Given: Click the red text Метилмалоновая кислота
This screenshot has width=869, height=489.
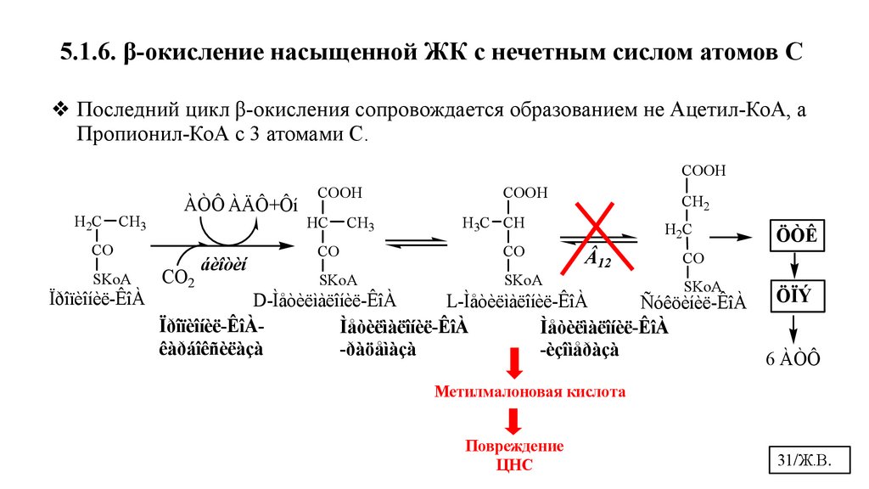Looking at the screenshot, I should click(530, 393).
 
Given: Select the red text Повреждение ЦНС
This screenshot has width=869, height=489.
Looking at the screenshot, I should click(513, 453).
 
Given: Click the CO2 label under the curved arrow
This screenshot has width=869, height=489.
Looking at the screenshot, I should click(178, 278).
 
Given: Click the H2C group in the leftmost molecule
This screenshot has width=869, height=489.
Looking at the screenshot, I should click(88, 222).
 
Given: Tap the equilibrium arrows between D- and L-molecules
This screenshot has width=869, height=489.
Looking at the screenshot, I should click(416, 243).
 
